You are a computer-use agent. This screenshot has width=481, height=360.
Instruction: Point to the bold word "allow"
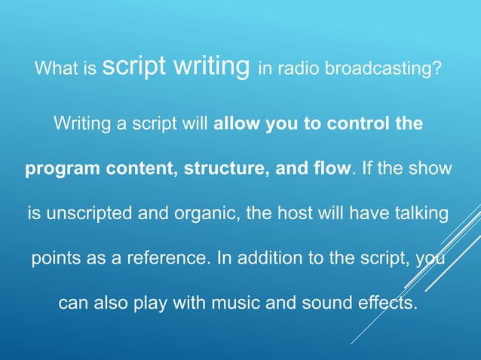237,124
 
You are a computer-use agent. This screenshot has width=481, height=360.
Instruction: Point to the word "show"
431,169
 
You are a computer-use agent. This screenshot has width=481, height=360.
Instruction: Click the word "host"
277,214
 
